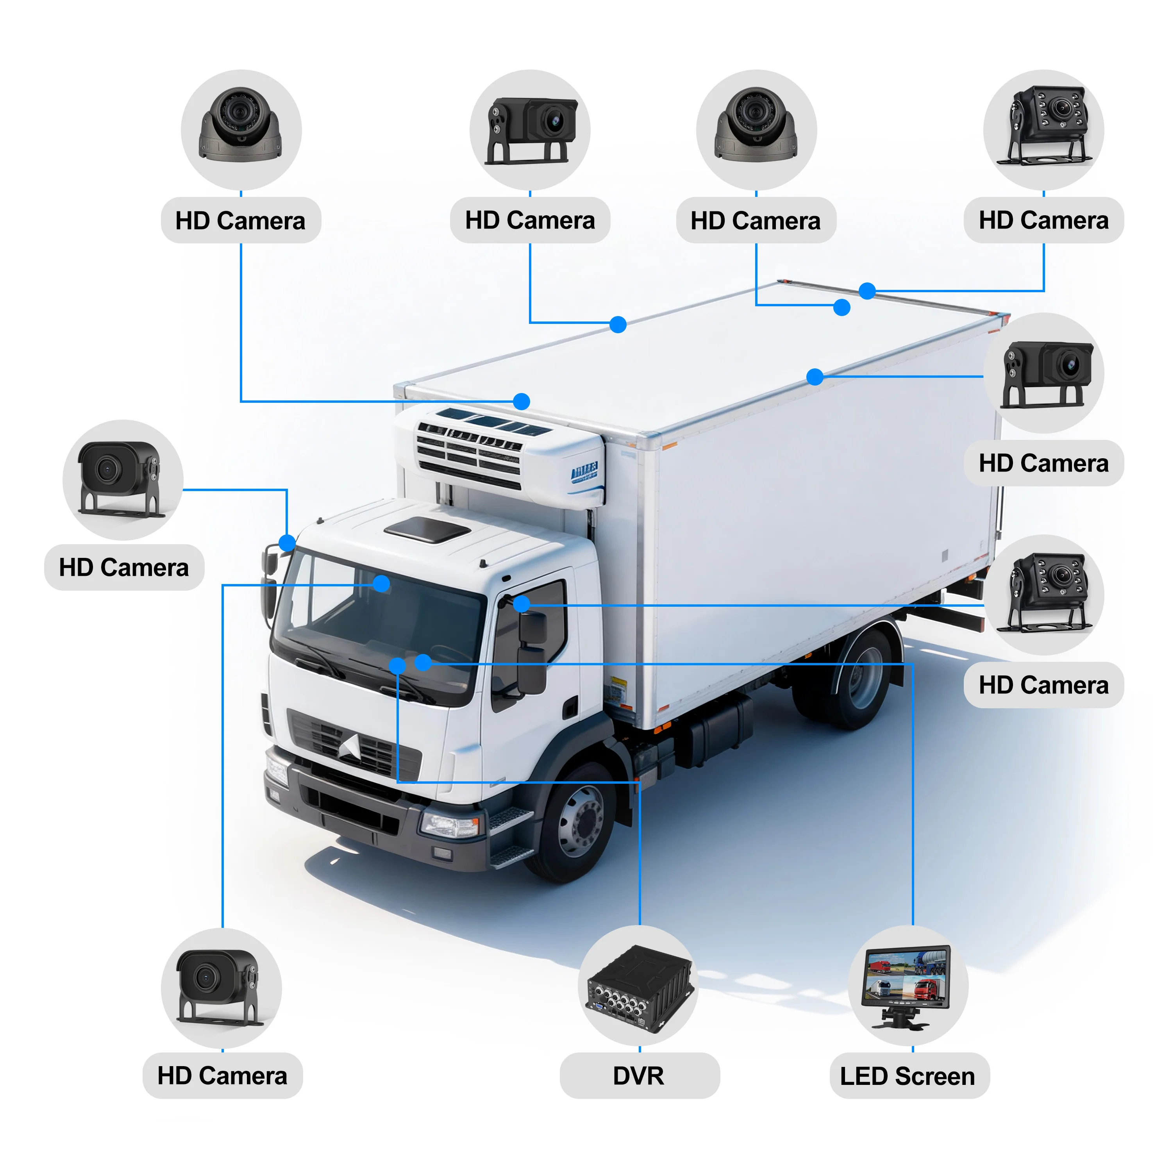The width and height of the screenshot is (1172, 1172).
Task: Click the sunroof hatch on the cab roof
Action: coord(428,530)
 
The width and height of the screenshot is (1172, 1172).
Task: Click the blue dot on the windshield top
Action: coord(381,584)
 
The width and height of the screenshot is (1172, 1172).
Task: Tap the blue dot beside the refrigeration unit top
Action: coord(521,401)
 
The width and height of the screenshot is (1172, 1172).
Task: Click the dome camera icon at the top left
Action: coord(241,125)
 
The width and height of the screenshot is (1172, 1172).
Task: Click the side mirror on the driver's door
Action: coord(532,652)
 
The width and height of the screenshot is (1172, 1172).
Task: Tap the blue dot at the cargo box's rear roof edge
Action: coord(867,291)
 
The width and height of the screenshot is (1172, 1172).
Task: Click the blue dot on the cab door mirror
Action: coord(522,604)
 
